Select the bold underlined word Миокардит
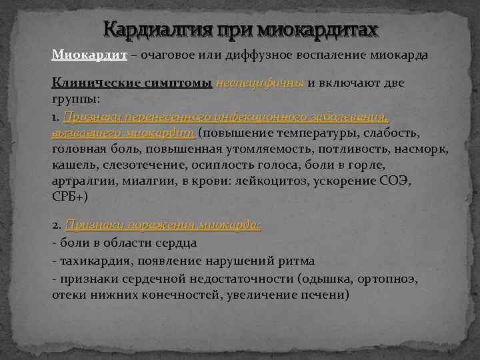pos(89,55)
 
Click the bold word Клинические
pos(95,83)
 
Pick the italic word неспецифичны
pos(260,83)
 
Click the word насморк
pos(423,149)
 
